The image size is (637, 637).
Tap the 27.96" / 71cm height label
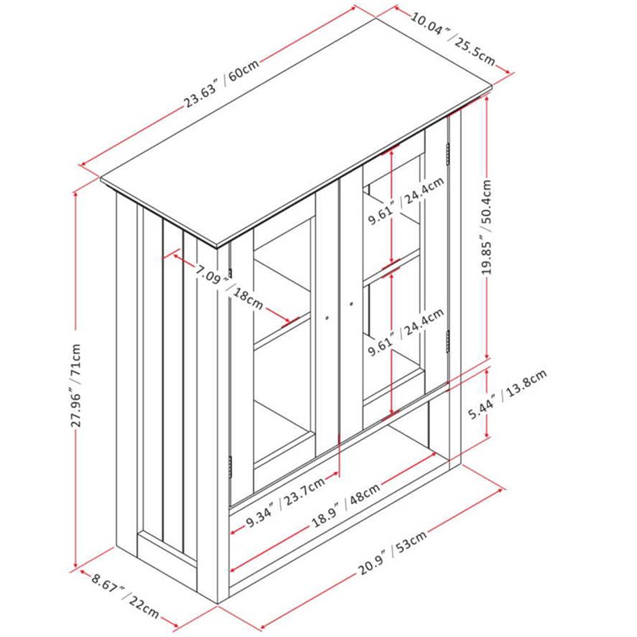(76, 385)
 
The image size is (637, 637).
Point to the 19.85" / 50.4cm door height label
(487, 227)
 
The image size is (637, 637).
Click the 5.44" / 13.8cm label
(508, 393)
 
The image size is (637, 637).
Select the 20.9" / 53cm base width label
(393, 553)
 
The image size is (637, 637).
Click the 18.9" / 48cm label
(346, 504)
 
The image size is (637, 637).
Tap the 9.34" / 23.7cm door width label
(286, 502)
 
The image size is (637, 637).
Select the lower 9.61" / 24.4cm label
(405, 332)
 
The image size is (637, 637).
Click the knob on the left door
(327, 318)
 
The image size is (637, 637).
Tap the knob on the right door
(351, 303)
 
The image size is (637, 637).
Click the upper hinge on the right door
(448, 154)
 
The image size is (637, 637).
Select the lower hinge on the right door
(447, 342)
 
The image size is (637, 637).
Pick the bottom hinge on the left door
(230, 467)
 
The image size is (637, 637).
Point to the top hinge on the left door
(230, 273)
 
